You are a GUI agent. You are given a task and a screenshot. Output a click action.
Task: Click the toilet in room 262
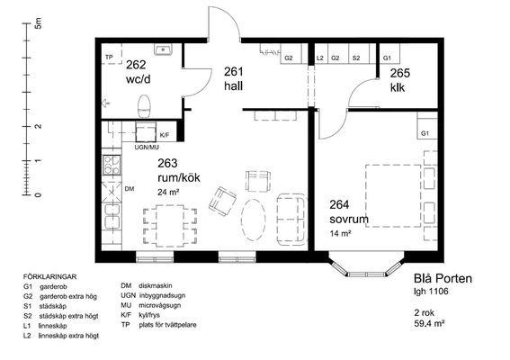coord(144,106)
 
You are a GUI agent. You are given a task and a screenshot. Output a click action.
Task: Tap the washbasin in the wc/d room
coord(164,49)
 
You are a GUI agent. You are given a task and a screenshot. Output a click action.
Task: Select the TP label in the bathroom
coord(109,58)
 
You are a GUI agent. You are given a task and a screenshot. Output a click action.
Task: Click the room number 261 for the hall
coord(233,72)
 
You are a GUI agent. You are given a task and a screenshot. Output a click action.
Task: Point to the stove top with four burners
coord(112,165)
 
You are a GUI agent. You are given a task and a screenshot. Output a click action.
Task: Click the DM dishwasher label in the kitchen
coord(130,189)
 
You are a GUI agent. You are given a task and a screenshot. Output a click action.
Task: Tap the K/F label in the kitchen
coord(165,135)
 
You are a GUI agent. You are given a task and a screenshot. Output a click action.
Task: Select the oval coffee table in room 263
coord(254,220)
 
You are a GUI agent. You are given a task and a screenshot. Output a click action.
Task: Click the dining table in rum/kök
coord(170,225)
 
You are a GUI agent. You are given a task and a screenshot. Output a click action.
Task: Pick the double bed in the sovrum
coord(393,195)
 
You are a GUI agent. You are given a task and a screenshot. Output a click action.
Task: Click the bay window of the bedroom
coord(366,265)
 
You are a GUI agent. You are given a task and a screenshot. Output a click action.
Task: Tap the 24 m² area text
coord(168,193)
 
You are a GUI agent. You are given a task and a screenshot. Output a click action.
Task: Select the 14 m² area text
coord(340,233)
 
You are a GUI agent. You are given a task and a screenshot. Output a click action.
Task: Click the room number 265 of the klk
coord(399,73)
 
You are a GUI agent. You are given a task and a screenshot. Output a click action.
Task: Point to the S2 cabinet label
coord(356,58)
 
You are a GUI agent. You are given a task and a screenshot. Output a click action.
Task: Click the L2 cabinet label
coord(320,58)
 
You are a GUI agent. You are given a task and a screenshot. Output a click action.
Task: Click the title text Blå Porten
coord(443,278)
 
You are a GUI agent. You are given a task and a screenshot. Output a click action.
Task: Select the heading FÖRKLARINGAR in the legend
coord(49,277)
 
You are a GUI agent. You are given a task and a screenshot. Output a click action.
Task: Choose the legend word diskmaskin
coord(155,286)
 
